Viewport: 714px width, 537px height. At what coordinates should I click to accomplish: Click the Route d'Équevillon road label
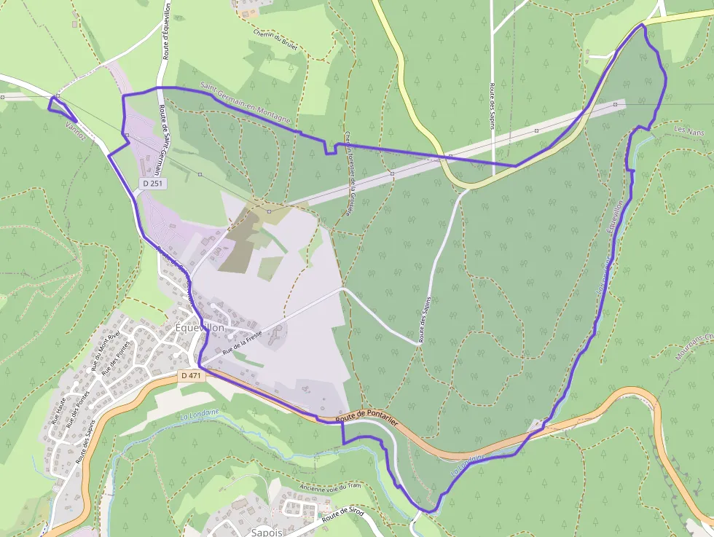point(167,31)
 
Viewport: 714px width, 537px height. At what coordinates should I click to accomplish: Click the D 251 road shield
point(152,184)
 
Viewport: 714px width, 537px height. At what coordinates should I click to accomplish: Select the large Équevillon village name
point(200,328)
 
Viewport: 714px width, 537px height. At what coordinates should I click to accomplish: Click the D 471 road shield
point(191,375)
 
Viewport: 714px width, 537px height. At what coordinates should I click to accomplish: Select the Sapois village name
point(266,532)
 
